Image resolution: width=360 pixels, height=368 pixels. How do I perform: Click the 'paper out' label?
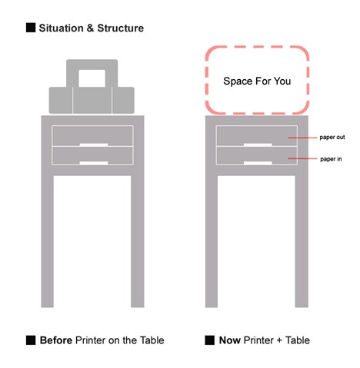click(x=332, y=138)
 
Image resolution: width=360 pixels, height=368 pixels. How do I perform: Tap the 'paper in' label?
click(x=331, y=159)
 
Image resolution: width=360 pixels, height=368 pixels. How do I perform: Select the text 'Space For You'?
click(x=257, y=81)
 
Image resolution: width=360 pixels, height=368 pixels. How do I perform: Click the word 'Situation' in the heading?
click(x=61, y=28)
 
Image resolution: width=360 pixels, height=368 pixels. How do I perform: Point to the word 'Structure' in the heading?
click(x=120, y=28)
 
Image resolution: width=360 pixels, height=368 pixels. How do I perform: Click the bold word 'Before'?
click(x=56, y=340)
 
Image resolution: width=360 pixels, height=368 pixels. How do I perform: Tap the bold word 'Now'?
click(x=230, y=340)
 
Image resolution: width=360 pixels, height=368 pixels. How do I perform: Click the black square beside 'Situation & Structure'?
click(x=31, y=28)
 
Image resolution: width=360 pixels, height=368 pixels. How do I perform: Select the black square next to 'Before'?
click(x=31, y=340)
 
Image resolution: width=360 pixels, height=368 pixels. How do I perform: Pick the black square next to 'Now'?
click(x=209, y=340)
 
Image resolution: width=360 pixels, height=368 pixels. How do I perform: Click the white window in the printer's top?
click(x=92, y=78)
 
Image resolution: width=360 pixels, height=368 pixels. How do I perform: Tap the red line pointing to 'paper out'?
click(x=302, y=138)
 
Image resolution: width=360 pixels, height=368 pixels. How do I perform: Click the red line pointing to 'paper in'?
click(x=302, y=159)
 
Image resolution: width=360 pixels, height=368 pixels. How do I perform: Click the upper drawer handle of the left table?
click(x=94, y=144)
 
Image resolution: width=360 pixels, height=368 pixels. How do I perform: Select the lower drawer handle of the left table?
click(x=94, y=163)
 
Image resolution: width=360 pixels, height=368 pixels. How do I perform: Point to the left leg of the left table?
click(x=48, y=241)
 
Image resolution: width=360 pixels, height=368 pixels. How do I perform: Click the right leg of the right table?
click(x=302, y=241)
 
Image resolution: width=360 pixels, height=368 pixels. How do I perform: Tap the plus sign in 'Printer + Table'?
click(x=280, y=341)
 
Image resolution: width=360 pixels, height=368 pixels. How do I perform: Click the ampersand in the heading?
click(x=90, y=28)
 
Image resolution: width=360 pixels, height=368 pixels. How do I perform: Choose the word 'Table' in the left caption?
click(x=152, y=340)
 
